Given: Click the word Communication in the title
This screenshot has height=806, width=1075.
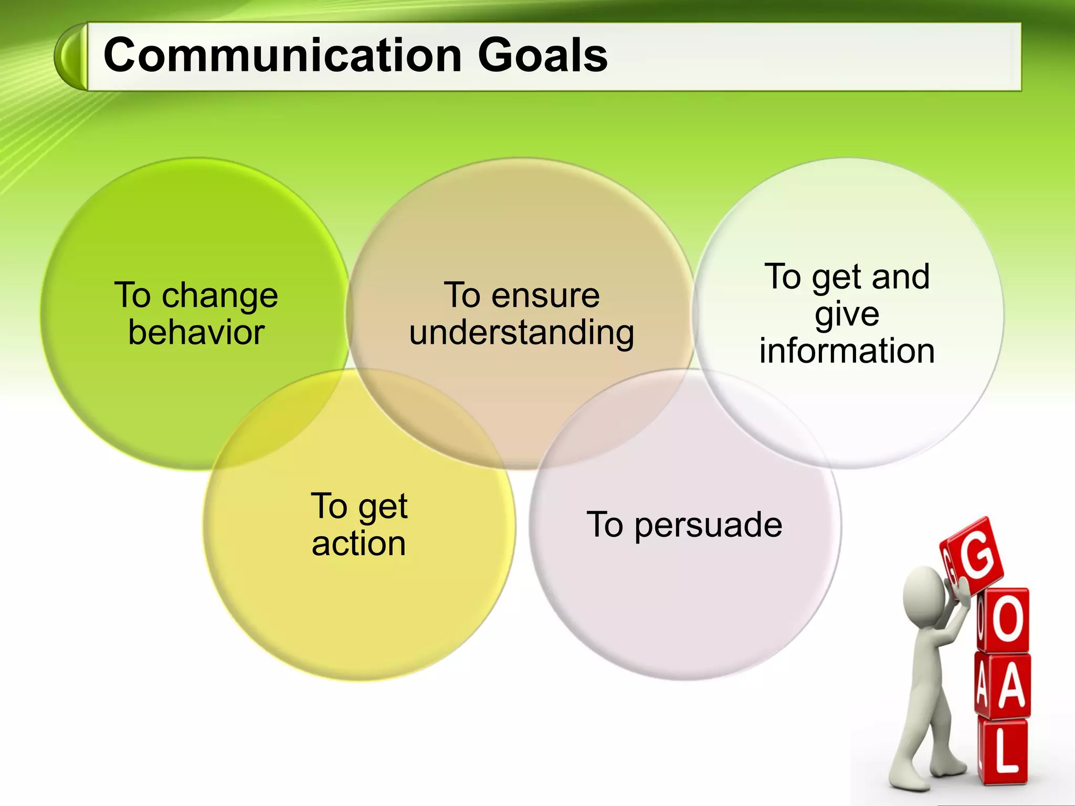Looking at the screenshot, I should (282, 56).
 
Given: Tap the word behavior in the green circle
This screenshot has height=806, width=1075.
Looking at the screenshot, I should (196, 333).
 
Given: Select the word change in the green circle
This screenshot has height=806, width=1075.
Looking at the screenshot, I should (219, 296).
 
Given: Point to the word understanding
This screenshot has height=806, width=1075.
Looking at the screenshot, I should (522, 333).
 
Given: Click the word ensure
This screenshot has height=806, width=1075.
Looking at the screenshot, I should (545, 295).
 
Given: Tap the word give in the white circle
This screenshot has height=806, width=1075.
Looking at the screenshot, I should (847, 314).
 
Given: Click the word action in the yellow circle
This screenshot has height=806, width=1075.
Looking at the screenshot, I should (359, 544).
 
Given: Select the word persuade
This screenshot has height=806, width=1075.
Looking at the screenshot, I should (709, 525).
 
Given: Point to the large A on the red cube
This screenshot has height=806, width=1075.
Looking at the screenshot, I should (1011, 685).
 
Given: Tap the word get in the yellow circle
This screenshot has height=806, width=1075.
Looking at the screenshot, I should (383, 507).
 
